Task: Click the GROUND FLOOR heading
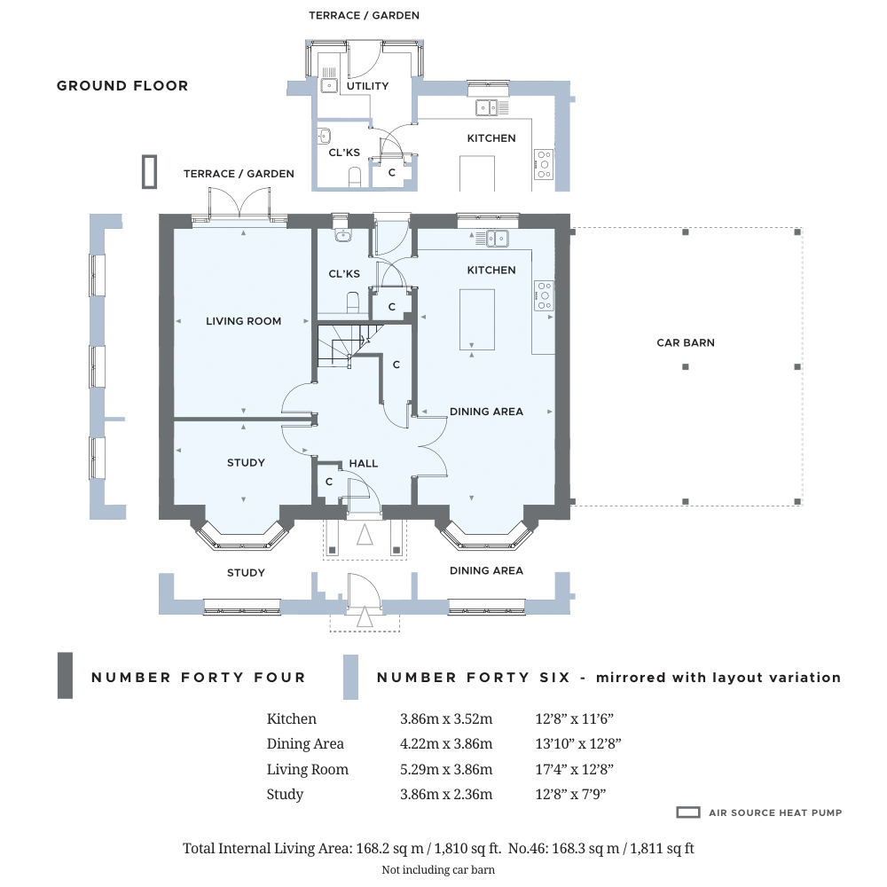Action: tap(122, 86)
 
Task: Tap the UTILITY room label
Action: tap(368, 86)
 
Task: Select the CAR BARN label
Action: tap(686, 342)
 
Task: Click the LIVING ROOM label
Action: tap(243, 321)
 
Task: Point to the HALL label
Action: tap(363, 463)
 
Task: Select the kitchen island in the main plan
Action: tap(477, 319)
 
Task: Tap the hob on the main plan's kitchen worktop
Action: tap(544, 296)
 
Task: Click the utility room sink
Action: tap(329, 85)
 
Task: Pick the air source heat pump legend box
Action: tap(688, 812)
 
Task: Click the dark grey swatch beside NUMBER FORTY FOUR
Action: tap(65, 675)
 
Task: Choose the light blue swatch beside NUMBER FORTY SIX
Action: tap(350, 677)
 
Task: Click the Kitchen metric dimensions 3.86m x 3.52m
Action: tap(446, 719)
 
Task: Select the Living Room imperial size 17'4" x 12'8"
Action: tap(574, 769)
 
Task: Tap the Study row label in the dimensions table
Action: tap(285, 795)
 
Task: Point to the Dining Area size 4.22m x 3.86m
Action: tap(446, 744)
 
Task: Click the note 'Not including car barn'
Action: tap(438, 869)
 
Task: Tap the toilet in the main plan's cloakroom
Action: tap(353, 302)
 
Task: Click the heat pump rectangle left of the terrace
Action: tap(149, 172)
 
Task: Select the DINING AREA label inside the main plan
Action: tap(486, 412)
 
